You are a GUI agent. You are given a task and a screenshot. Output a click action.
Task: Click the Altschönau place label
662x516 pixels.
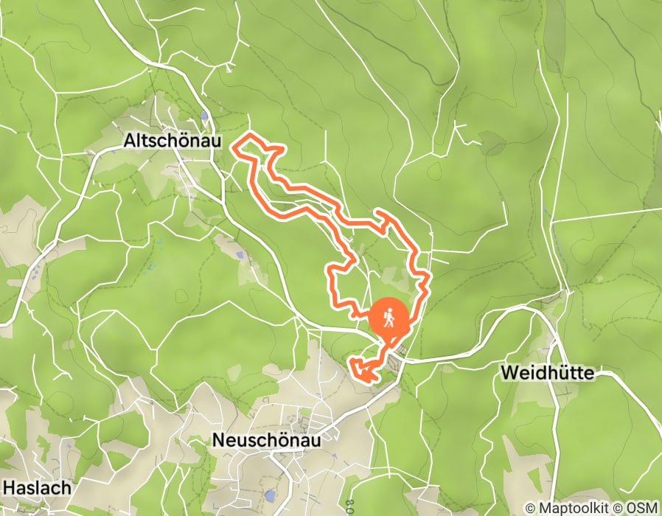coord(173,139)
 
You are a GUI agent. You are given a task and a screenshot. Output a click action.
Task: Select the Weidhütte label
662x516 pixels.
coord(547,373)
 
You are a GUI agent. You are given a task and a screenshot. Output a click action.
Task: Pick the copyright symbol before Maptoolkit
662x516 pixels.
coord(531,509)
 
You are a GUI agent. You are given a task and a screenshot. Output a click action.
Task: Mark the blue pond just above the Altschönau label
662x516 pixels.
coord(204,116)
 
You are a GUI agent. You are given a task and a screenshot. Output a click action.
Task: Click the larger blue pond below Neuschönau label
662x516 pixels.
coord(270,496)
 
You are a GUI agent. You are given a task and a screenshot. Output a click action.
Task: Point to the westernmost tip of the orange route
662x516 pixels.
coord(234,147)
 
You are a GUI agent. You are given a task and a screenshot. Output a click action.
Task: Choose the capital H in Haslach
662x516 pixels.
coord(10,487)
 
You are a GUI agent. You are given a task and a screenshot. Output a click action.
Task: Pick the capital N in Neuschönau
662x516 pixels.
coord(218,440)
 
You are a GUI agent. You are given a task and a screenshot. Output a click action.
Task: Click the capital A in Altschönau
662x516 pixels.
coord(130,139)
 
